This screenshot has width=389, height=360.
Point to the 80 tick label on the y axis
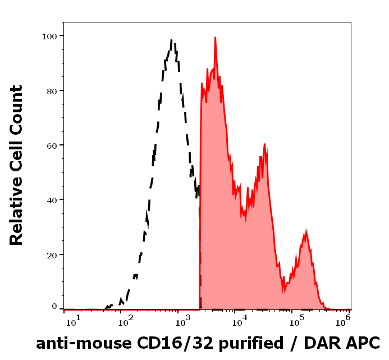coord(51,90)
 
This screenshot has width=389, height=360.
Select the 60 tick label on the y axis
coord(51,145)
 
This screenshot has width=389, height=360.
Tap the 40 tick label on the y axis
coord(51,200)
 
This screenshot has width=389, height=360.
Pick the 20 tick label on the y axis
coord(51,254)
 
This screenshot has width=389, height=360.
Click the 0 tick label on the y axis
coord(54,307)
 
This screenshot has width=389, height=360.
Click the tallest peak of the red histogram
coord(215,38)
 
